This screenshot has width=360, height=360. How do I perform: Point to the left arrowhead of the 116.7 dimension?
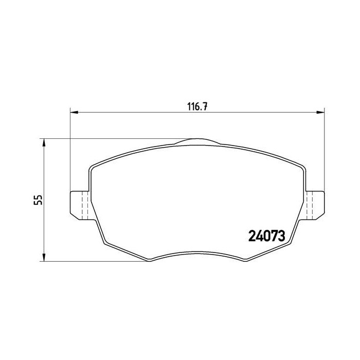point(73,112)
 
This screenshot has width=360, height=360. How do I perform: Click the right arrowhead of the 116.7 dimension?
point(322,112)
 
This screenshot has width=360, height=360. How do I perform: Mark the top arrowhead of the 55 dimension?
point(44,141)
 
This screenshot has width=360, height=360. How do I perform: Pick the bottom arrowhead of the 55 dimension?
point(44,259)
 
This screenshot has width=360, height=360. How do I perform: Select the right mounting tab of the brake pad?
point(315,204)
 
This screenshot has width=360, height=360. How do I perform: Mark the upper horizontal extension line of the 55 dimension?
point(113,138)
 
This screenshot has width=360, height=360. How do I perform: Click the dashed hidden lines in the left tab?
point(83,206)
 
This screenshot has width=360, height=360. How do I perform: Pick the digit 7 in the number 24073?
point(274,236)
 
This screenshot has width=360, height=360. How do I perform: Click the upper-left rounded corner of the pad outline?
point(93,167)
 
